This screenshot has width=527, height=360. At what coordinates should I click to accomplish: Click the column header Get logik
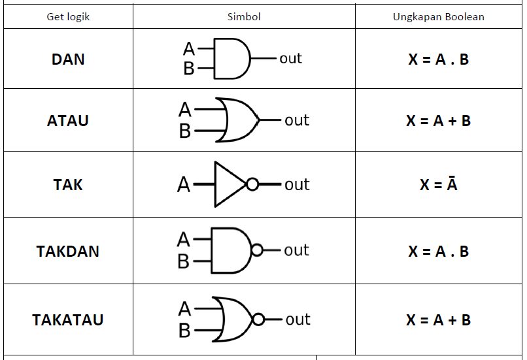click(x=68, y=17)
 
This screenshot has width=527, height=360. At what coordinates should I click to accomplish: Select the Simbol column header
click(x=245, y=17)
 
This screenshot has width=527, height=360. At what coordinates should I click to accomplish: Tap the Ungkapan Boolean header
click(x=438, y=17)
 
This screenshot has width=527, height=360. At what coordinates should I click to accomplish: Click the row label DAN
click(x=68, y=59)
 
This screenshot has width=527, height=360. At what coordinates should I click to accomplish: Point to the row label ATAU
click(x=68, y=121)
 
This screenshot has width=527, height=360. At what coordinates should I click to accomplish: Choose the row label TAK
click(x=68, y=185)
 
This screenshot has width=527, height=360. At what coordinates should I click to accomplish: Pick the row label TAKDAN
click(x=68, y=252)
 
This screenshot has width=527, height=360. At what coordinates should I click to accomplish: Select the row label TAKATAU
click(x=68, y=320)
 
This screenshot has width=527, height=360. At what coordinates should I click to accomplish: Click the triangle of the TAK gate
click(x=228, y=185)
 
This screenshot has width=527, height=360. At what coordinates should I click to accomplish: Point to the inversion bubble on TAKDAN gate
click(x=257, y=250)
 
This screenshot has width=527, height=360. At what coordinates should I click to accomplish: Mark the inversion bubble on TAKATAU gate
click(x=258, y=319)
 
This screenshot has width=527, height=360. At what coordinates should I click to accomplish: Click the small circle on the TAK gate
click(x=252, y=185)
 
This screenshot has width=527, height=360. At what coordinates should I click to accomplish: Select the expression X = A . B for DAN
click(x=438, y=59)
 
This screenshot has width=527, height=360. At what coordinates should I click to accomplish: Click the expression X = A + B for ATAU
click(x=438, y=121)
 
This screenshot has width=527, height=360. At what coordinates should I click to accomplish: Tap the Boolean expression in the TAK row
click(x=438, y=185)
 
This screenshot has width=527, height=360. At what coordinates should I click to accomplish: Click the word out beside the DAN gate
click(x=290, y=58)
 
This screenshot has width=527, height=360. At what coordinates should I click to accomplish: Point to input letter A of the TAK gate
click(x=184, y=186)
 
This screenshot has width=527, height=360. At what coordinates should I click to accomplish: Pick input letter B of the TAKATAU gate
click(x=184, y=331)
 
